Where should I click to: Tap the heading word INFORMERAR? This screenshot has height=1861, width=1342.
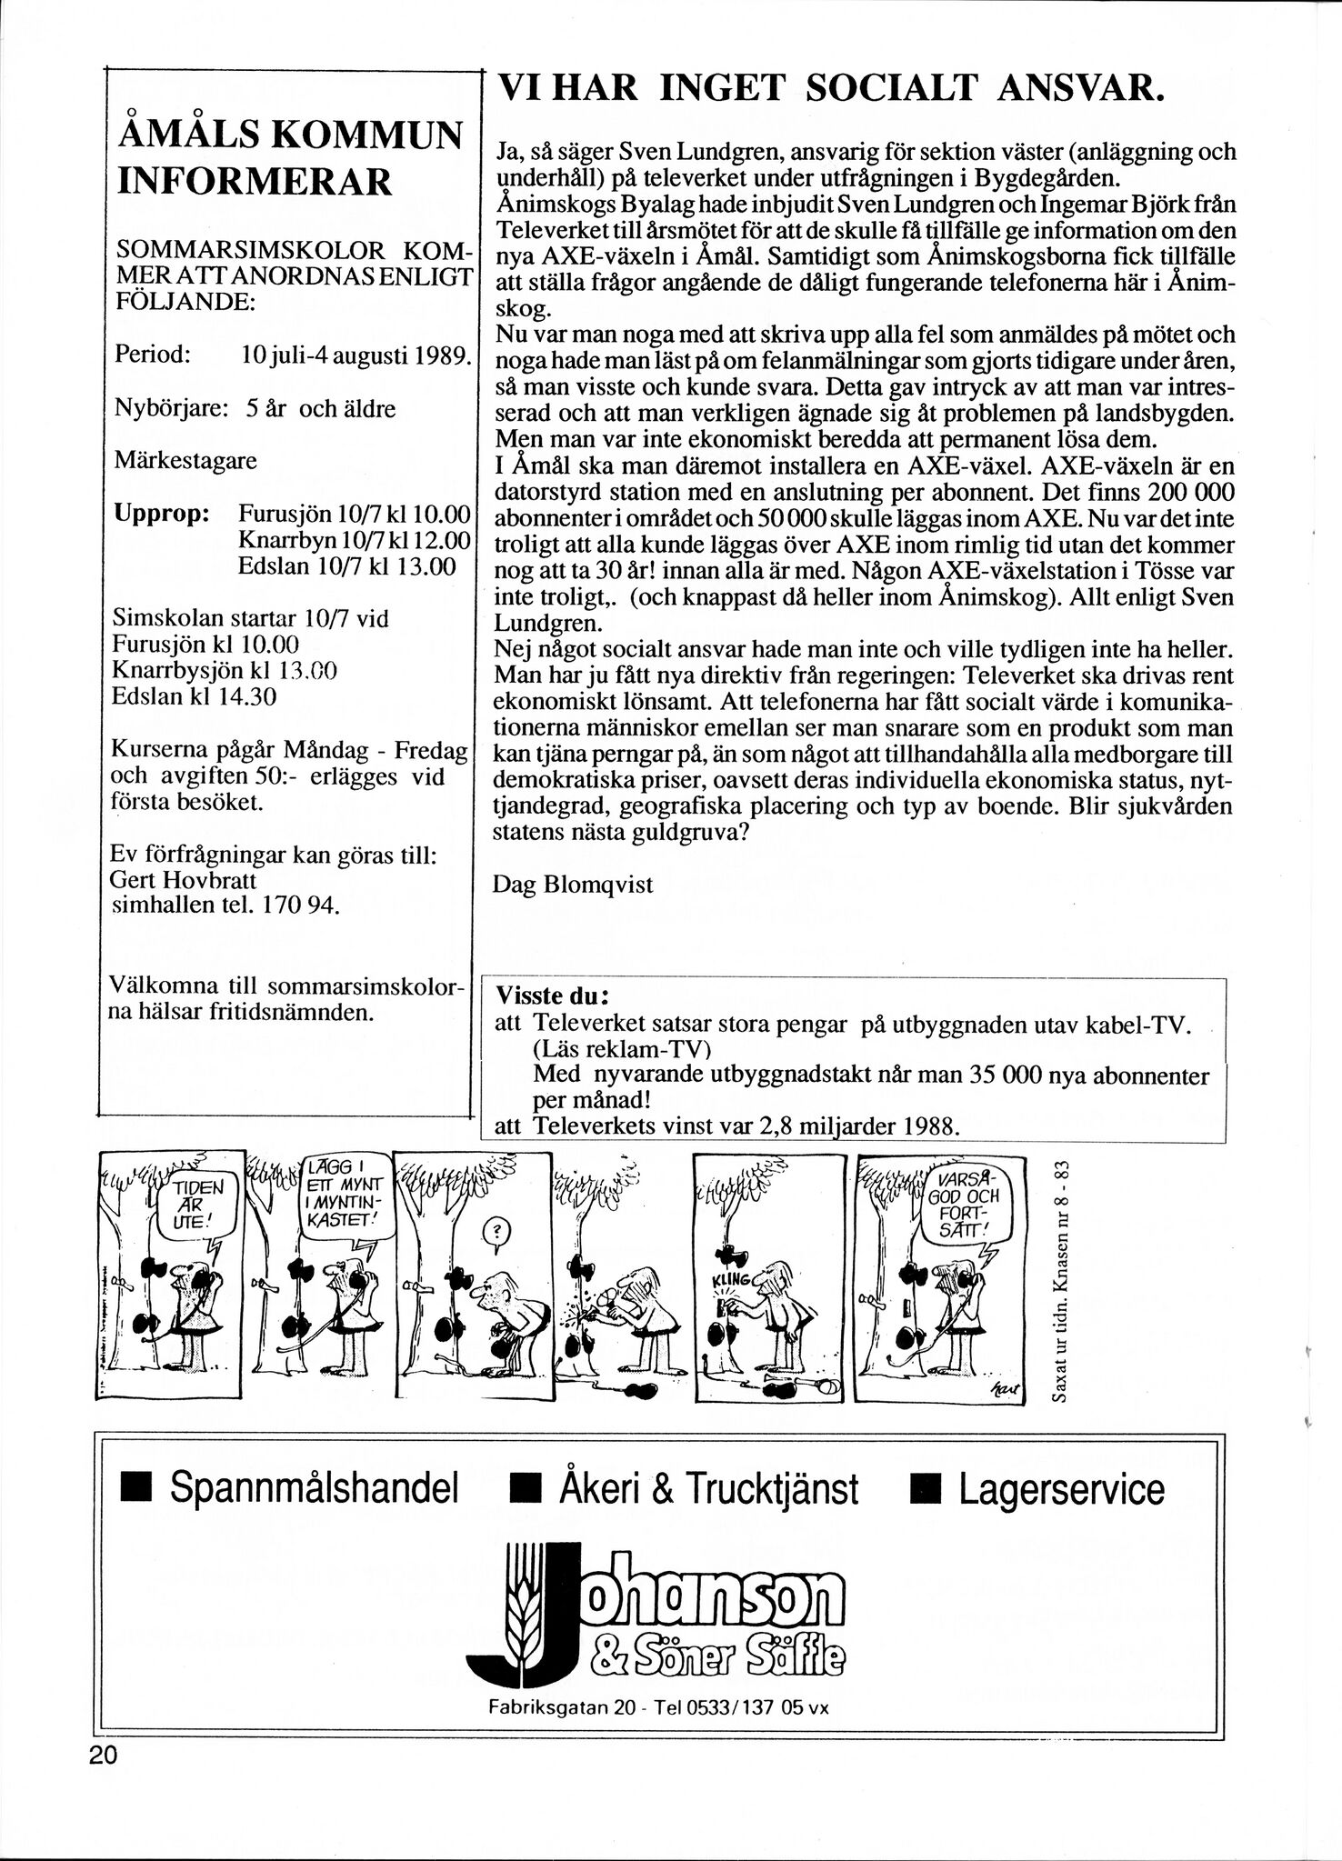[255, 181]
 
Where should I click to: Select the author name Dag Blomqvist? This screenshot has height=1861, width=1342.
[572, 884]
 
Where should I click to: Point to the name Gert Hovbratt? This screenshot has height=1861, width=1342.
[183, 880]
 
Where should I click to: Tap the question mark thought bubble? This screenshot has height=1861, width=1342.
[495, 1233]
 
